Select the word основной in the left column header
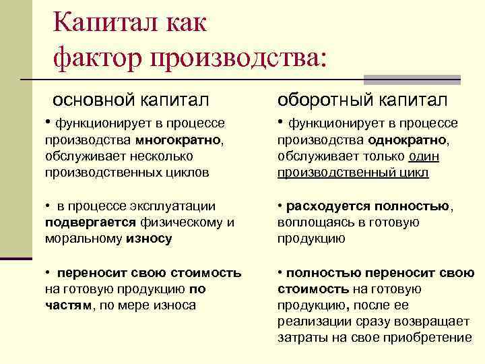93,100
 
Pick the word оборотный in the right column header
323,100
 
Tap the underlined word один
423,156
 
